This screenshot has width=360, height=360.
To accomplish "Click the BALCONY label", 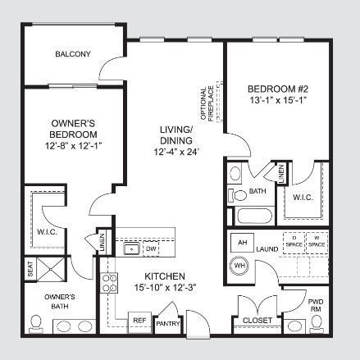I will coord(72,55).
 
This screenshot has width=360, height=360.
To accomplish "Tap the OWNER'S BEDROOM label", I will coord(73,129).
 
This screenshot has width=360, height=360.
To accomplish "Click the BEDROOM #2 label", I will coord(278,89).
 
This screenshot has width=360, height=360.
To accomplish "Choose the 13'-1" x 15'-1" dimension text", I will coord(278,101).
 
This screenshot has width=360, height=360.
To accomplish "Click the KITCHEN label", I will coord(164,276).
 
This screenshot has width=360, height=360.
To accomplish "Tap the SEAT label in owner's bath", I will coord(30,268).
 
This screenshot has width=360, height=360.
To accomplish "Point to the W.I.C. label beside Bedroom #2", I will coord(300,197).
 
